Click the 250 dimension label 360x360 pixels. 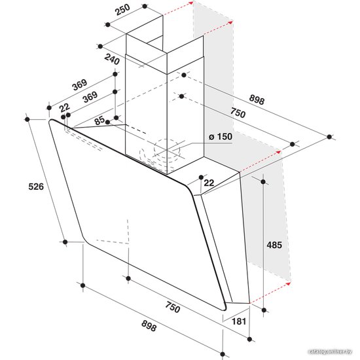[122, 10]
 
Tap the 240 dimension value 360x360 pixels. [112, 60]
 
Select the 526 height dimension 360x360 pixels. [36, 187]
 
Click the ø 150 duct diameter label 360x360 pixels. [221, 136]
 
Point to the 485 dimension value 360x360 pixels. [274, 245]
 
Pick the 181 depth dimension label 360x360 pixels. [239, 321]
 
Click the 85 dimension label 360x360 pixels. [100, 120]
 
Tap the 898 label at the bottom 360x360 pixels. [149, 326]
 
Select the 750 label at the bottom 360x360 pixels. [173, 307]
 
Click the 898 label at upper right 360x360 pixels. [257, 99]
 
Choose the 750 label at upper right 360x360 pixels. [238, 113]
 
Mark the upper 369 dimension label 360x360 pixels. [80, 84]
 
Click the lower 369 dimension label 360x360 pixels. [90, 97]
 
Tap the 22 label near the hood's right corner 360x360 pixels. [209, 183]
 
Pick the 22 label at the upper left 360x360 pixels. [65, 107]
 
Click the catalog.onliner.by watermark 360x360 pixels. [330, 351]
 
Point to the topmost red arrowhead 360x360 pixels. [190, 3]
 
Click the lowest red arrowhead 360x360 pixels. [289, 284]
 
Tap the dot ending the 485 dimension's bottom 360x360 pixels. [264, 310]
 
